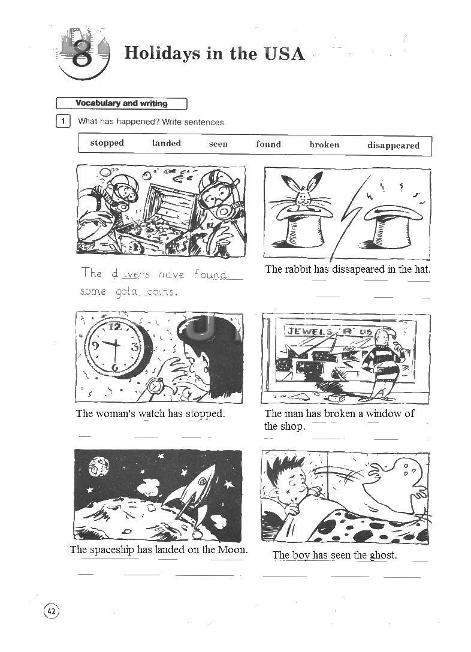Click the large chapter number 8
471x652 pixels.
click(x=81, y=55)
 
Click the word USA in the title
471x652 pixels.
click(x=284, y=54)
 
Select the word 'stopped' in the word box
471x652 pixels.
click(x=107, y=143)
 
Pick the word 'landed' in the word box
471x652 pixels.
click(x=166, y=143)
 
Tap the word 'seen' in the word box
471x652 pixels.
click(x=218, y=144)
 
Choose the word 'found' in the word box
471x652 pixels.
click(x=268, y=144)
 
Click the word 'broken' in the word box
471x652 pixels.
click(x=324, y=144)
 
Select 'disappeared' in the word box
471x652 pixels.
click(x=393, y=146)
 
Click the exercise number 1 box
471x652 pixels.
click(x=63, y=121)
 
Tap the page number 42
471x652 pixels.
click(x=52, y=611)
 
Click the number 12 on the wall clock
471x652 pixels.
click(x=114, y=327)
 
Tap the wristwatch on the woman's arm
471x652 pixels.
click(x=154, y=387)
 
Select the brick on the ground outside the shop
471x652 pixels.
click(x=336, y=399)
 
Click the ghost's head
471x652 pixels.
click(x=405, y=471)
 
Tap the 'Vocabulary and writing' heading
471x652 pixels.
click(x=122, y=104)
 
